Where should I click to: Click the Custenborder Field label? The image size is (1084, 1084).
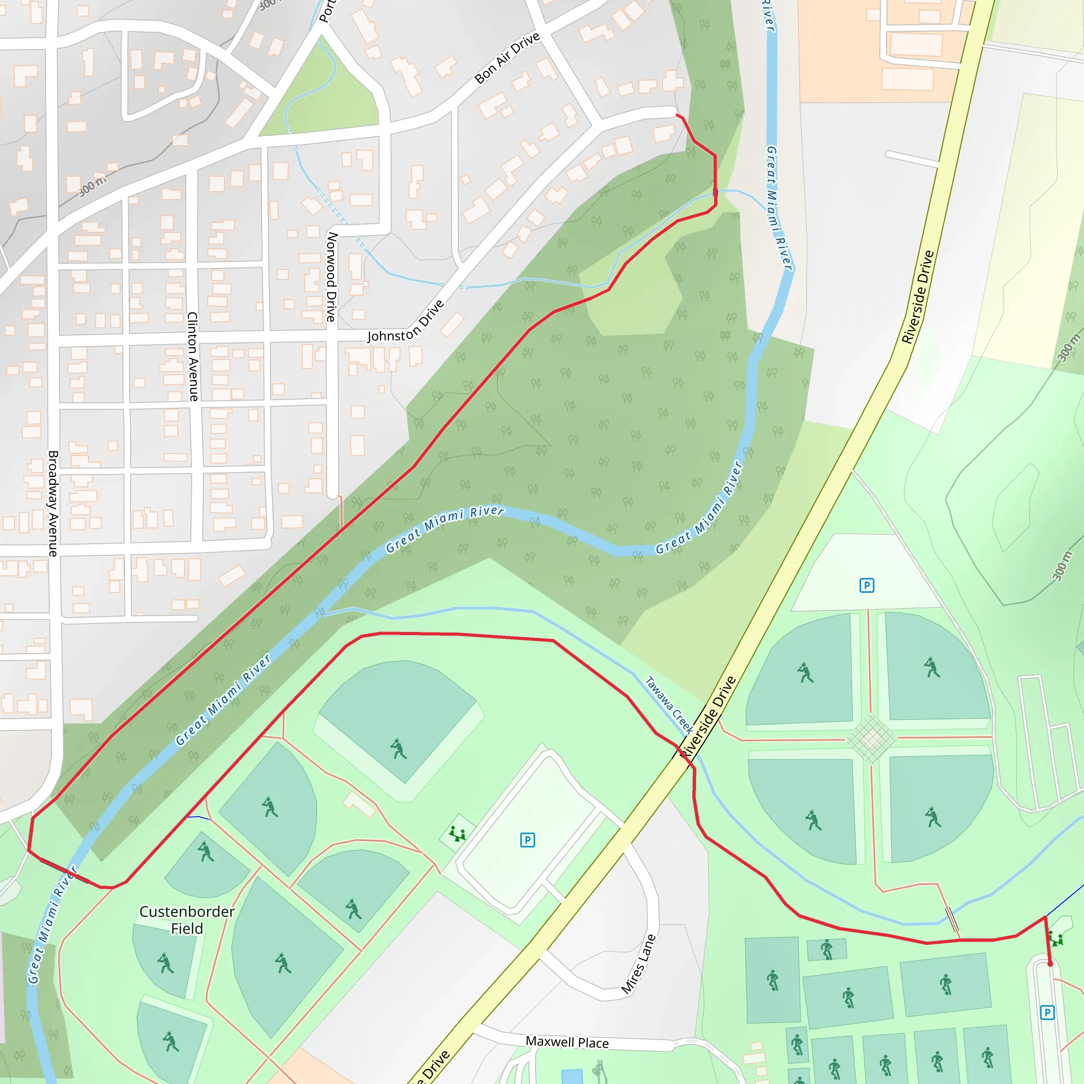[x=187, y=919]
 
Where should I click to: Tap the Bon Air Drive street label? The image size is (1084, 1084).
[x=507, y=58]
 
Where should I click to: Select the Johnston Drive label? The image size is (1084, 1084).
[x=405, y=321]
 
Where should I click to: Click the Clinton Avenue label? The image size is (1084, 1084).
[x=193, y=356]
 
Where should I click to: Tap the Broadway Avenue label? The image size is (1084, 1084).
[x=53, y=503]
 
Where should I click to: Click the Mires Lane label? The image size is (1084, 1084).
[x=638, y=964]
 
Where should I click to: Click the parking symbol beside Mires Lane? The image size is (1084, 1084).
[x=527, y=840]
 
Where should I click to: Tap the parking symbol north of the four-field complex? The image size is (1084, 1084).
[x=867, y=586]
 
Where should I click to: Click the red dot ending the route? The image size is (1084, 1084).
[x=1050, y=964]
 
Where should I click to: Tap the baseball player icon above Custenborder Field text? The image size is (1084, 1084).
[x=206, y=851]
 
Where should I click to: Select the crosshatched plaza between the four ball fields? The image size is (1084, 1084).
[x=871, y=739]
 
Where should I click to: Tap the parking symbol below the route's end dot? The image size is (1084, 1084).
[x=1047, y=1013]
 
